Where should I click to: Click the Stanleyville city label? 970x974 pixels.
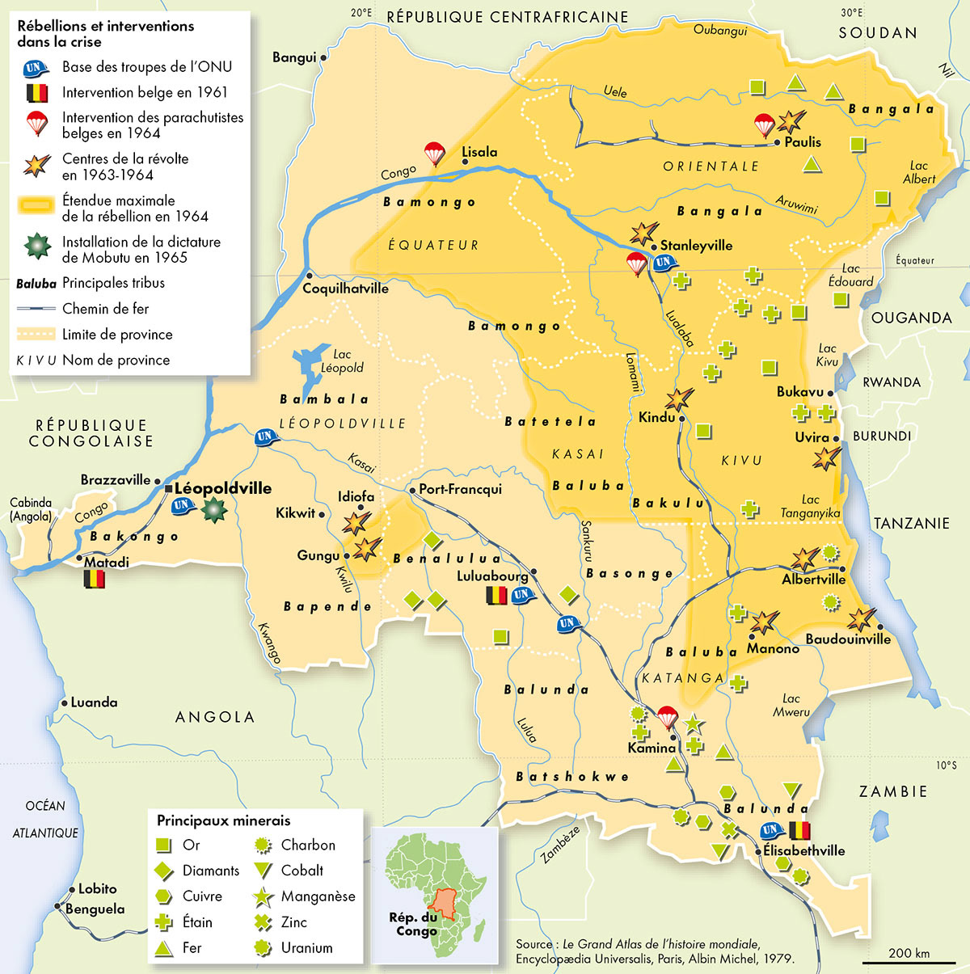(x=696, y=245)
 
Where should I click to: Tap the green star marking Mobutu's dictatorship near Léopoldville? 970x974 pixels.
(x=213, y=509)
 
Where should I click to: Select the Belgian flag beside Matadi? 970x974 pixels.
(x=95, y=579)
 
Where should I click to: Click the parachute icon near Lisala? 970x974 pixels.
(x=435, y=153)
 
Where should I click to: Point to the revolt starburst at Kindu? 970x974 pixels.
(x=679, y=398)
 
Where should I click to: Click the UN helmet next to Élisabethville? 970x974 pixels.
(x=771, y=830)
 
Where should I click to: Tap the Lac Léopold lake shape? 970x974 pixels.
(x=311, y=368)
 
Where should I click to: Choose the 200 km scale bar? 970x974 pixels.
(x=909, y=962)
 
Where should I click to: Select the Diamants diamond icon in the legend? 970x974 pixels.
(x=164, y=871)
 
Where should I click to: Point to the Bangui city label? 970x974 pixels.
(x=294, y=57)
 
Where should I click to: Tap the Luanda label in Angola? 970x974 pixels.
(x=94, y=702)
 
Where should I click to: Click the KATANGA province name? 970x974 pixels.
(x=683, y=678)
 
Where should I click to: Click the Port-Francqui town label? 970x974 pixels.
(x=460, y=489)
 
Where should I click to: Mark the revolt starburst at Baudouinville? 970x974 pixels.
(x=861, y=619)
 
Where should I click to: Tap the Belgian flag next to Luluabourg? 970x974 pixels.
(x=495, y=596)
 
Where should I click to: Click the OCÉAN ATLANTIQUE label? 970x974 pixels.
(x=45, y=819)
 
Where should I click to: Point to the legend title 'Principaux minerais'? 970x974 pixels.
(x=223, y=820)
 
